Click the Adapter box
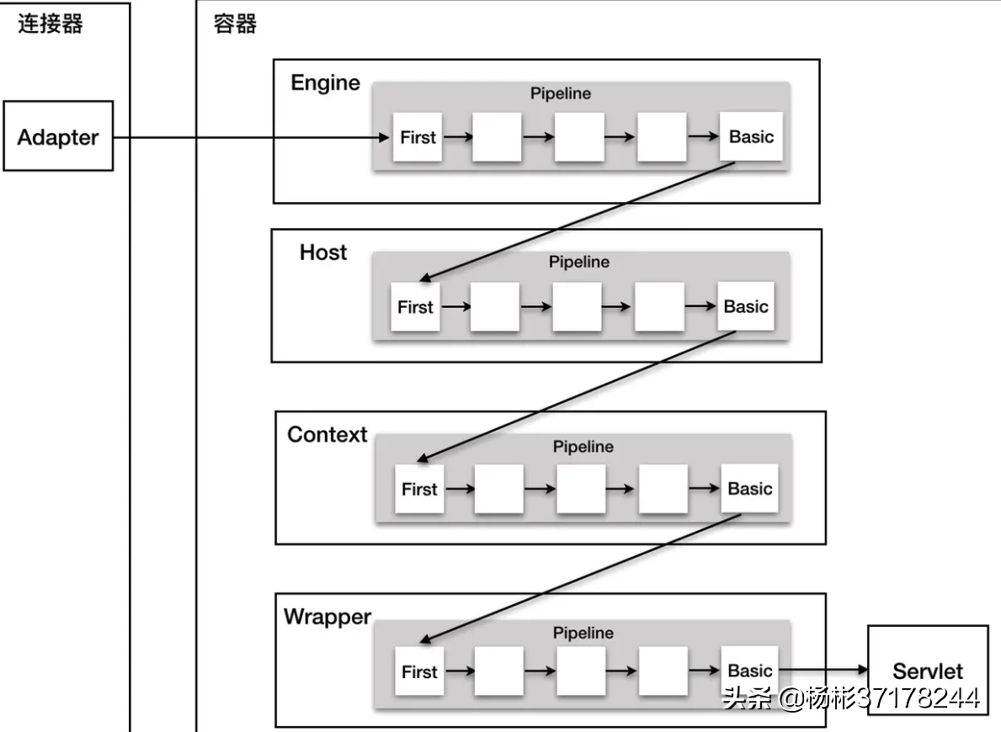[58, 136]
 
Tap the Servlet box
[927, 670]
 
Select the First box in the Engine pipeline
[418, 136]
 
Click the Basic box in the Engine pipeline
[751, 136]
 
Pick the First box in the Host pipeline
[415, 307]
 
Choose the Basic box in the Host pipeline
[746, 307]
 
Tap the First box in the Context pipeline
[419, 489]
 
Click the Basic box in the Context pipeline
[749, 489]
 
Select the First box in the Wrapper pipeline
[419, 671]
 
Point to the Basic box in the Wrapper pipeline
[749, 671]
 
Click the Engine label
[325, 83]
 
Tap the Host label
[323, 252]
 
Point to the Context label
[327, 434]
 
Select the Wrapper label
[327, 617]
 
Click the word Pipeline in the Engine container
[561, 93]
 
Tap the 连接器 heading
[51, 24]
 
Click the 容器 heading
[235, 24]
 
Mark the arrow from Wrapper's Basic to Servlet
[823, 670]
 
